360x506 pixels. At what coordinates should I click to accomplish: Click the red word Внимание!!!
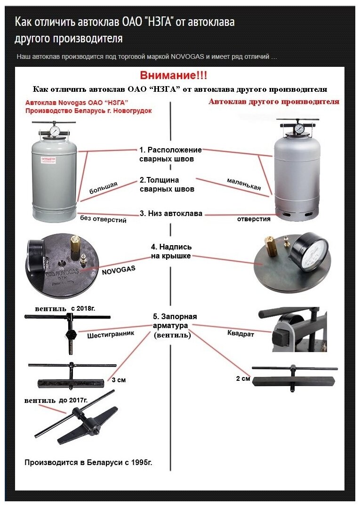point(173,75)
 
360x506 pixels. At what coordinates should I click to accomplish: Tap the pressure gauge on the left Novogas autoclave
point(55,131)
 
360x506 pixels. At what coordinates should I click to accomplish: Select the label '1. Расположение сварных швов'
point(170,154)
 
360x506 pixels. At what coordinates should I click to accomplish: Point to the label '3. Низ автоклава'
point(171,213)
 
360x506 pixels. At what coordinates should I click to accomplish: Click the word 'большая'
point(103,187)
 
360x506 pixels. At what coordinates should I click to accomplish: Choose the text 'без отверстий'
point(103,219)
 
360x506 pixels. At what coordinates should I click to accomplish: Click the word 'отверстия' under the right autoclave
point(254,219)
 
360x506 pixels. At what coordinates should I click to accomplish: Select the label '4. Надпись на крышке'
point(171,251)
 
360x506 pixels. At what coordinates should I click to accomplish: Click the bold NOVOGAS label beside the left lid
point(118,268)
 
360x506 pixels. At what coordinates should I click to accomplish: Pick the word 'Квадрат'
point(240,334)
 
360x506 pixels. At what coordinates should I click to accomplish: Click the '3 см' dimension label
point(119,379)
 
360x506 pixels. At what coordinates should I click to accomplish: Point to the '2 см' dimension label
point(243,378)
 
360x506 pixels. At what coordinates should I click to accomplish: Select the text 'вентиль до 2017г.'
point(56,400)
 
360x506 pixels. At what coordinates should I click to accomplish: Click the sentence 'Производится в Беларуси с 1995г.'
point(88,463)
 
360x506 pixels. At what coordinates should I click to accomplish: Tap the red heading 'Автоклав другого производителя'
point(274,102)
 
